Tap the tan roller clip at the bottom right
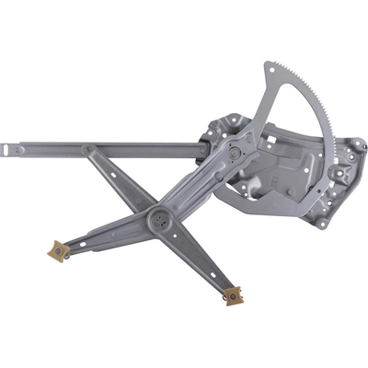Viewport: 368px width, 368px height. pos(233,295)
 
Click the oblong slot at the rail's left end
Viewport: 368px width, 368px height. pos(14,145)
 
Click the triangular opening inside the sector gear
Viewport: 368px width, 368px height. pos(285,120)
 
